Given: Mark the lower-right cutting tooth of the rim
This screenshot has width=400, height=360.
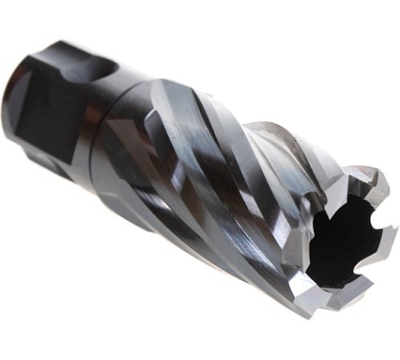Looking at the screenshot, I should (372, 282).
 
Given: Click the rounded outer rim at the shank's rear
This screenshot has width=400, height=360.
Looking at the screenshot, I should (19, 70).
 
